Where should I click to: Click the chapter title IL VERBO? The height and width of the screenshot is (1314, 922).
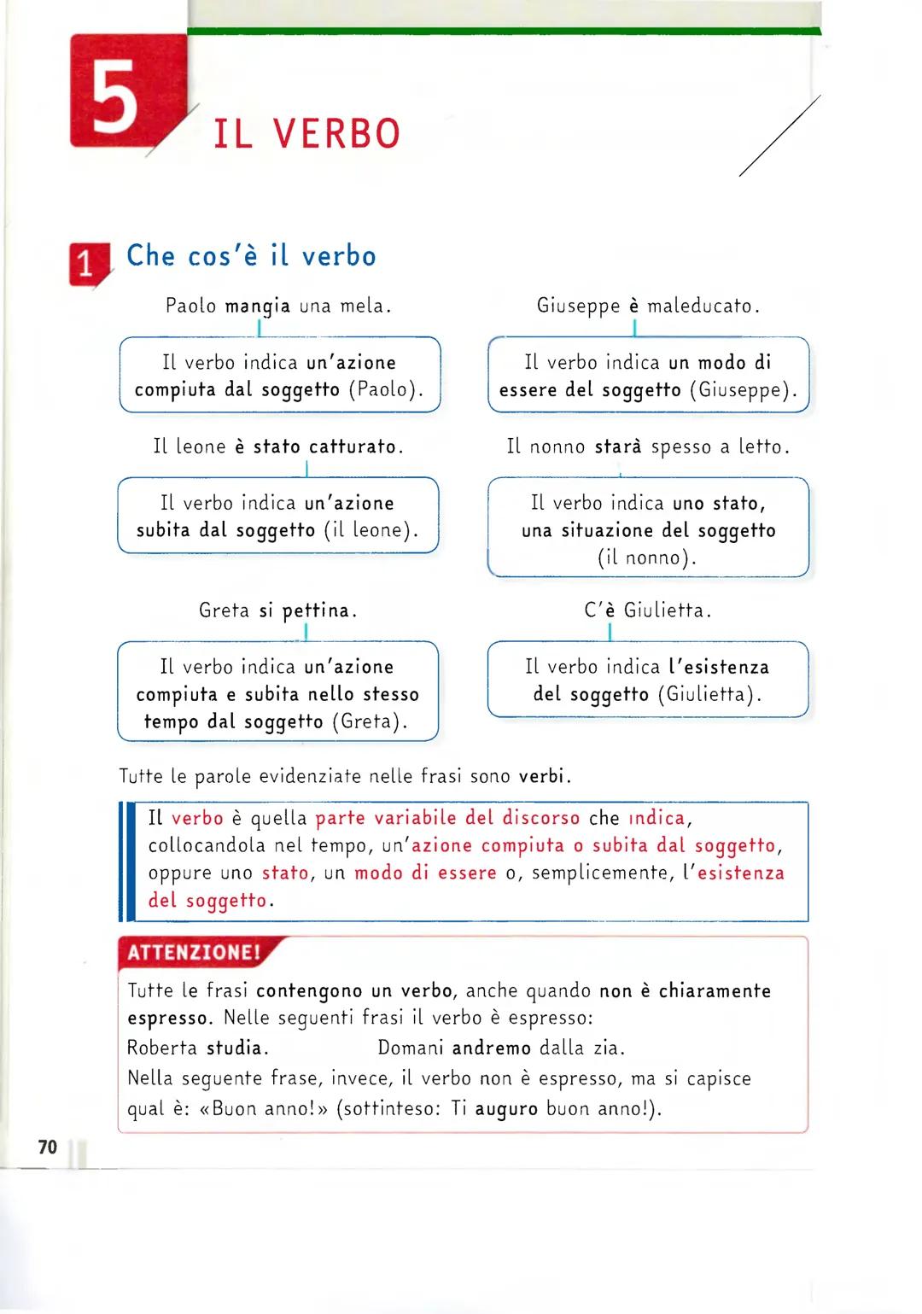click(306, 134)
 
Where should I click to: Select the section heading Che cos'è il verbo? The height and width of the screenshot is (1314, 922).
click(251, 255)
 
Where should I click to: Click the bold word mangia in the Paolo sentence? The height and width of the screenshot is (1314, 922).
click(257, 306)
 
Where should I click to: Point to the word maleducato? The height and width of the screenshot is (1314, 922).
click(700, 306)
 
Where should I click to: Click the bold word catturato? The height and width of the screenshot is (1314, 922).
click(353, 447)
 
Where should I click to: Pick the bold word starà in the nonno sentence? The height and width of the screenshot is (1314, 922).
click(618, 447)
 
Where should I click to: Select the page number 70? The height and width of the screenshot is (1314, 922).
click(48, 1147)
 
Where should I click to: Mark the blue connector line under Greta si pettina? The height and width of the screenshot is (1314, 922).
click(305, 632)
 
